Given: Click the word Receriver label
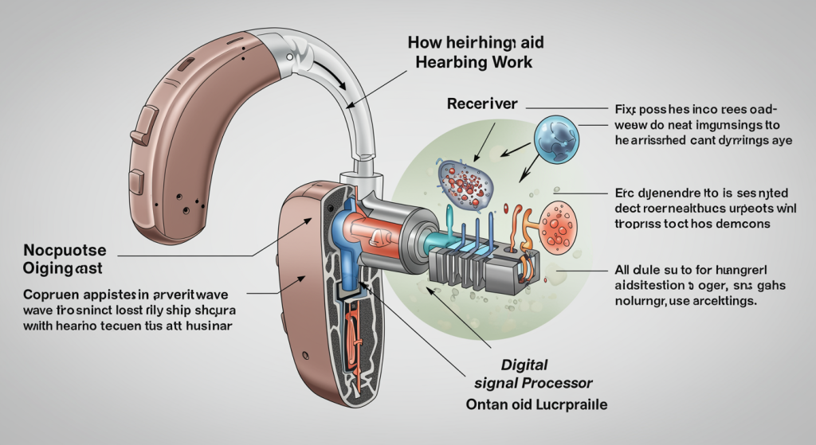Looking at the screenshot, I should (x=483, y=104).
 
